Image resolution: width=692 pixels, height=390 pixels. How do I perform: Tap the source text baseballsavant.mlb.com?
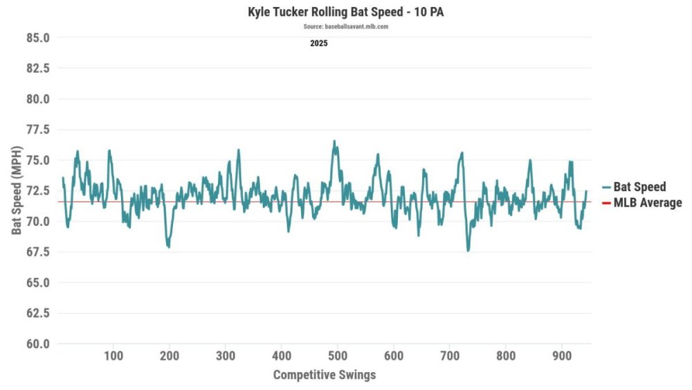345,26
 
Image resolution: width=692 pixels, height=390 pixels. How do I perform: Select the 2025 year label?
319,43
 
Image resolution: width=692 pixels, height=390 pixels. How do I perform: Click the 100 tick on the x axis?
113,356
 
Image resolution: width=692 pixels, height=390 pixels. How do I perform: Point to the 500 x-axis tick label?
337,356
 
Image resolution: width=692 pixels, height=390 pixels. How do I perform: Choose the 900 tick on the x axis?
561,356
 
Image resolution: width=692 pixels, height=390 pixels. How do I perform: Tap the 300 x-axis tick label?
225,356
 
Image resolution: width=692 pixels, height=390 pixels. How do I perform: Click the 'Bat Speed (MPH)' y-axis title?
17,190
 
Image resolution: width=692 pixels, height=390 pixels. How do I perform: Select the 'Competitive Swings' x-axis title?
325,375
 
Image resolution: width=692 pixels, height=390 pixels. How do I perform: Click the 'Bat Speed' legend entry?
639,186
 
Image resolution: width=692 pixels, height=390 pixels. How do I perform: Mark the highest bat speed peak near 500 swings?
334,141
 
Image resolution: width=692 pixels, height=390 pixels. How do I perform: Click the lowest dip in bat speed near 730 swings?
468,250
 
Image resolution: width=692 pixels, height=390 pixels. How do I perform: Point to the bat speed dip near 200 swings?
168,247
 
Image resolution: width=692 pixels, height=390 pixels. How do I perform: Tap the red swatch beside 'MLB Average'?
606,203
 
